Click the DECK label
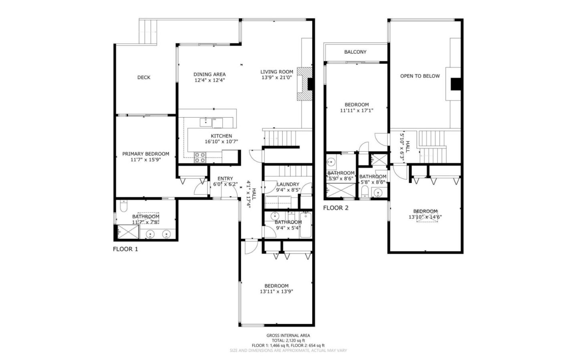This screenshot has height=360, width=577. (143, 77)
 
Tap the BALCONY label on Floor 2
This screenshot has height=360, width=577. (355, 52)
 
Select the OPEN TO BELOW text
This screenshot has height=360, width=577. (420, 76)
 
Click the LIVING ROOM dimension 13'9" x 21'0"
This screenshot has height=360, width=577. (276, 78)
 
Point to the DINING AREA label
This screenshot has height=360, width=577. (209, 74)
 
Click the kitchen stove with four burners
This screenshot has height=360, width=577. (200, 157)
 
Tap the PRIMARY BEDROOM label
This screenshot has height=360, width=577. (145, 154)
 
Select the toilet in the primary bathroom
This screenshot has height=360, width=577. (123, 206)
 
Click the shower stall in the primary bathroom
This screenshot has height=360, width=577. (127, 232)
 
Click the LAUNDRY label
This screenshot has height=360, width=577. (288, 184)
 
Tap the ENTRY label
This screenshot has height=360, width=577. (225, 179)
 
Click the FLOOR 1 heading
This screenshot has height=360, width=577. (125, 249)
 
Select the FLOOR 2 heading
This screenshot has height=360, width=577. (336, 208)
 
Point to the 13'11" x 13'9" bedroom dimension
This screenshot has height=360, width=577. (276, 292)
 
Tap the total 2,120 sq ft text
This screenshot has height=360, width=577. (288, 340)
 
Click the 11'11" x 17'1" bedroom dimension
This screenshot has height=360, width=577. (356, 111)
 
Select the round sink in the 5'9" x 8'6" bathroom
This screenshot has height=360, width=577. (331, 162)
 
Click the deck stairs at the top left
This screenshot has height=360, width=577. (148, 32)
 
